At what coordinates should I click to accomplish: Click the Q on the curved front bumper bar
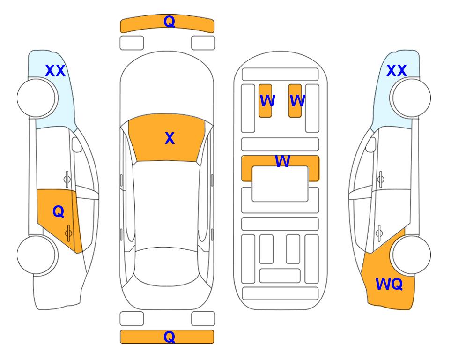[x=169, y=22]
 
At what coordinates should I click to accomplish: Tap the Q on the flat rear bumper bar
[x=169, y=337]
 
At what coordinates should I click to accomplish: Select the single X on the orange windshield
[x=170, y=138]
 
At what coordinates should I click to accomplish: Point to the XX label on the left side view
[x=55, y=71]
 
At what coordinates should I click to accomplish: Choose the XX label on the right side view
[x=396, y=71]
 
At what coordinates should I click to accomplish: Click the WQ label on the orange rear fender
[x=389, y=284]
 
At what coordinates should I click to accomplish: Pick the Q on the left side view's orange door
[x=59, y=212]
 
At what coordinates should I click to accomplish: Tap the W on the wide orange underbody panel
[x=282, y=161]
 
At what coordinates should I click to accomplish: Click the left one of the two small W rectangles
[x=265, y=101]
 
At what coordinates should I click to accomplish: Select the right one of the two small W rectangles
[x=295, y=101]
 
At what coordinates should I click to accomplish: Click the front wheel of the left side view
[x=37, y=98]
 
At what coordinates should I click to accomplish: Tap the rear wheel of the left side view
[x=37, y=255]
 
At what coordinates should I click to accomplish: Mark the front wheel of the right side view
[x=412, y=98]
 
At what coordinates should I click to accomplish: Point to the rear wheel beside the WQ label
[x=412, y=255]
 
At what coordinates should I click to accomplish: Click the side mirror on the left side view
[x=77, y=144]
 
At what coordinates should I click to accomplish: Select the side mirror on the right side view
[x=370, y=144]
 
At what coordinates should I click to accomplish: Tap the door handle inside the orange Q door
[x=68, y=233]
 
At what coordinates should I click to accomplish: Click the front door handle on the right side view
[x=380, y=179]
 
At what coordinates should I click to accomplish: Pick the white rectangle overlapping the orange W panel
[x=280, y=184]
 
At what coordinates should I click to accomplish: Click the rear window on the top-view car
[x=166, y=266]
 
